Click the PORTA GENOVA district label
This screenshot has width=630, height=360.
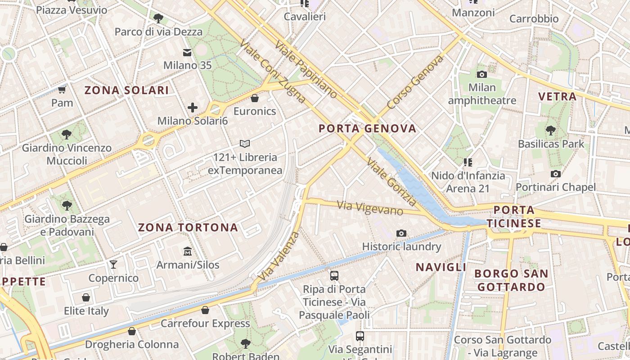[367, 129]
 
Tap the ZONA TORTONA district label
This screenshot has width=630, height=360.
[188, 227]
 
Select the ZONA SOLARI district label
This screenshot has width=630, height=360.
[127, 90]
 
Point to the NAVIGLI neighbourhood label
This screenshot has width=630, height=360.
[441, 267]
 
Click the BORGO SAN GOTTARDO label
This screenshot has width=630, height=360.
[511, 280]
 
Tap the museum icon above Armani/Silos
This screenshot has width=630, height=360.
[188, 251]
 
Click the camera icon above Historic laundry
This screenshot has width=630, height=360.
[401, 233]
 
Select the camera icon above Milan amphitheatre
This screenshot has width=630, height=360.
[482, 74]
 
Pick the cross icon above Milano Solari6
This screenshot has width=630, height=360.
[193, 108]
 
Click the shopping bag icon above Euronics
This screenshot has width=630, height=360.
[255, 98]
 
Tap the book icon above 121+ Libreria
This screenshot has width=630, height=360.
[245, 144]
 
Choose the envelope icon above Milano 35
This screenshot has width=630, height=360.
[187, 53]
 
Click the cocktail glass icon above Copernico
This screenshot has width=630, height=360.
[113, 264]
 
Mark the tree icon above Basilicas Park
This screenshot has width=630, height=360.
[550, 130]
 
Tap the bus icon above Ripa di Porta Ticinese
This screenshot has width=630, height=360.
[334, 275]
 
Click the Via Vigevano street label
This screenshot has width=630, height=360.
[370, 208]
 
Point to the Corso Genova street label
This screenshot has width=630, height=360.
[415, 82]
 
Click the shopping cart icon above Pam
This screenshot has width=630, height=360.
[62, 90]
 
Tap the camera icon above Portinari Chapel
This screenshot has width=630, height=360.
[556, 174]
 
